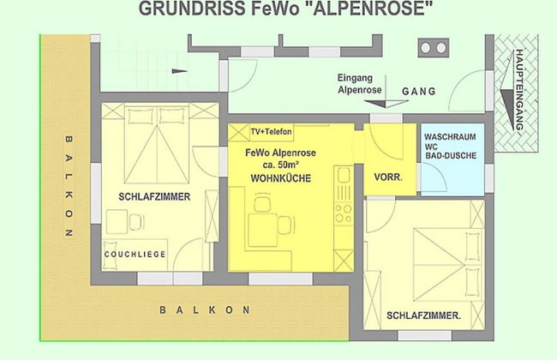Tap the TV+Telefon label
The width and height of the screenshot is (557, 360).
pyautogui.click(x=272, y=131)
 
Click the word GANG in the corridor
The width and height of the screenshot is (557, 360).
pyautogui.click(x=419, y=90)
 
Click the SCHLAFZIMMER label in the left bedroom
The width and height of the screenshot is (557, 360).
pyautogui.click(x=153, y=197)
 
